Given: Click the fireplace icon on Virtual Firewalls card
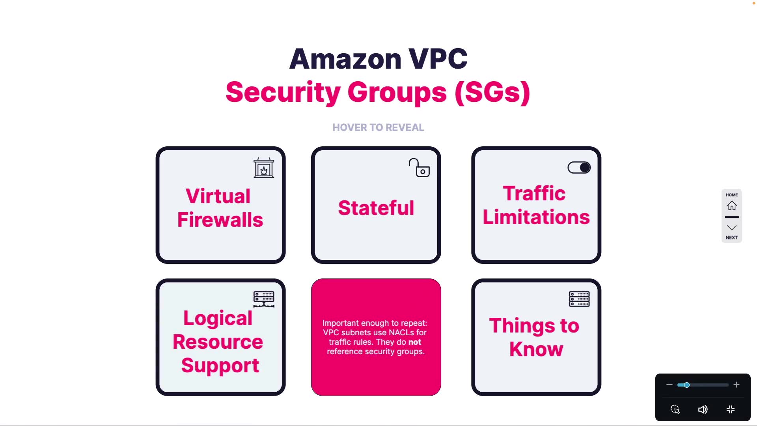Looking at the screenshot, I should [x=264, y=168].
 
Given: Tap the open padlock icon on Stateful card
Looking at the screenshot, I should [x=419, y=168].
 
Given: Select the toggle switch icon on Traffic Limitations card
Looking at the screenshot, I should [x=579, y=168].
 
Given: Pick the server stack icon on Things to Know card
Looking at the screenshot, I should [x=579, y=299].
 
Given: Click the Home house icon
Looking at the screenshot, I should [x=732, y=206].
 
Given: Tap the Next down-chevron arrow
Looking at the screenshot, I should [x=732, y=228].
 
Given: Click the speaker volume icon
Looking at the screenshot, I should [x=703, y=409].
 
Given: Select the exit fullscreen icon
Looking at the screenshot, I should [x=731, y=409].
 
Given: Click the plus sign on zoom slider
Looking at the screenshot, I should [x=736, y=385].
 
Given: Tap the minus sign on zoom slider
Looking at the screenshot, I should [x=669, y=385].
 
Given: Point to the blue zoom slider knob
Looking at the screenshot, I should [x=686, y=385].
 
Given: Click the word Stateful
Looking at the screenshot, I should [x=376, y=208].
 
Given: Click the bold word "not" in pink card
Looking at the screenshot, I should [x=414, y=342].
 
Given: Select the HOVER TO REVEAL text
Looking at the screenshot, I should [x=378, y=127].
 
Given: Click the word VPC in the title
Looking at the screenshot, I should [x=438, y=59].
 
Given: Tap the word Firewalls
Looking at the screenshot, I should [x=220, y=220].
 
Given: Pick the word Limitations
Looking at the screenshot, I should [x=536, y=217].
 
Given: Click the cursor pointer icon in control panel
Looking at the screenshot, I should [x=675, y=409].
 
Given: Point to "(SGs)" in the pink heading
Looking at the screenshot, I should [x=492, y=92].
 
